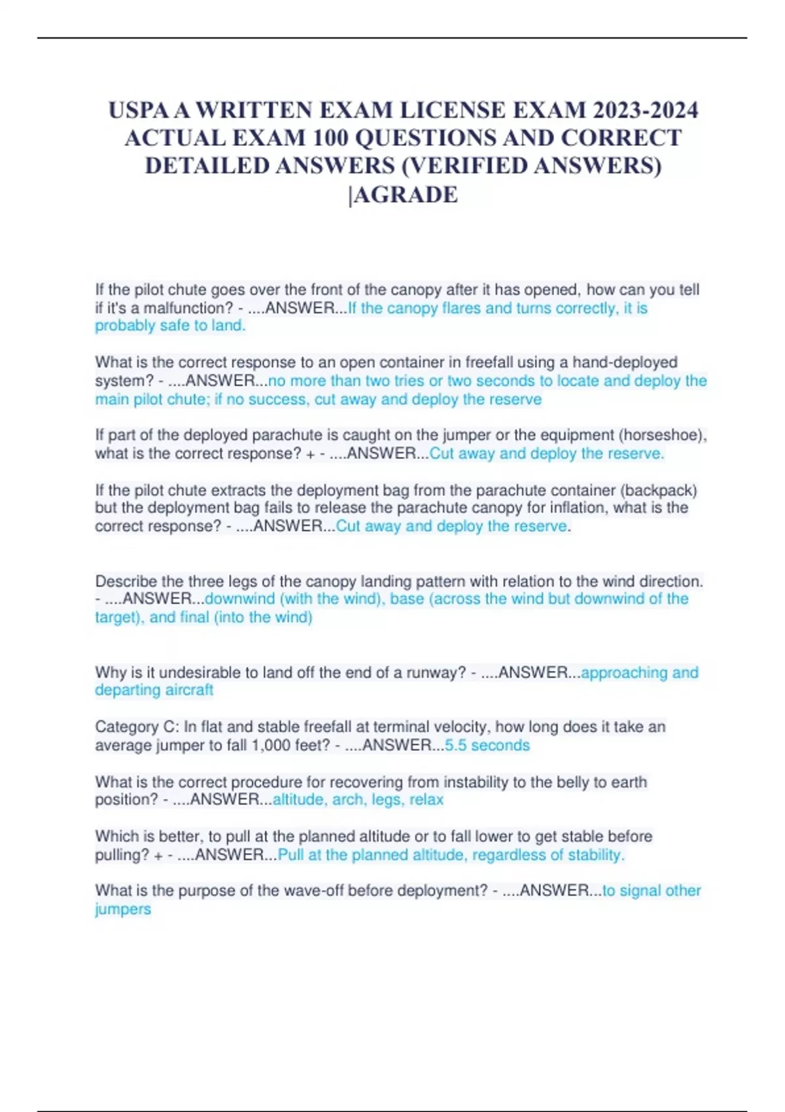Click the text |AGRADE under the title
pyautogui.click(x=404, y=195)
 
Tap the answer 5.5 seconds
pyautogui.click(x=487, y=745)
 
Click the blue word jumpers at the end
pyautogui.click(x=123, y=909)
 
